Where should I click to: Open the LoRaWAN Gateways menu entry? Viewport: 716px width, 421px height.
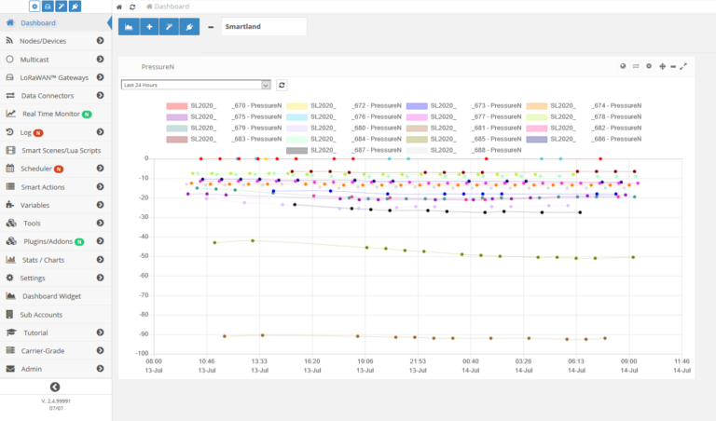[x=54, y=77]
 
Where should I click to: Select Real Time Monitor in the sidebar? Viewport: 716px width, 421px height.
[x=50, y=114]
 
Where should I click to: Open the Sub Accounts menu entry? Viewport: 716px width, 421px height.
[x=41, y=315]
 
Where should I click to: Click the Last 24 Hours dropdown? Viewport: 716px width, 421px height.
[x=196, y=85]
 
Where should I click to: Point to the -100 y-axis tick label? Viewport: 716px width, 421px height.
[x=142, y=354]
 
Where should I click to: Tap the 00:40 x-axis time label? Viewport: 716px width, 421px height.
[x=471, y=360]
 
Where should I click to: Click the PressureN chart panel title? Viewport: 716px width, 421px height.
[x=158, y=67]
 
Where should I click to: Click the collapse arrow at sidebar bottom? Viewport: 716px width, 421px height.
[x=55, y=387]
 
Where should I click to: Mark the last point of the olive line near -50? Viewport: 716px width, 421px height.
[x=633, y=257]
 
